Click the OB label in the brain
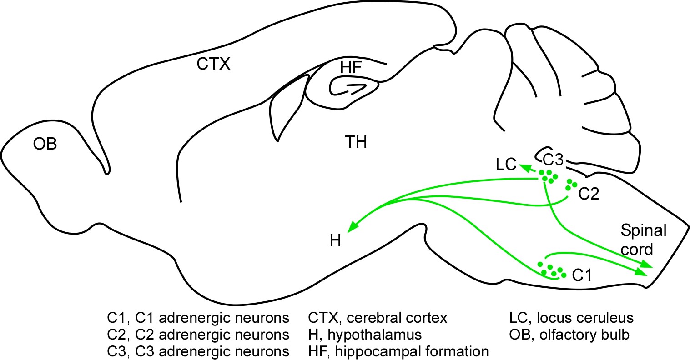click(45, 144)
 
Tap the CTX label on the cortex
click(214, 65)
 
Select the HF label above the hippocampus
click(351, 68)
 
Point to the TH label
click(356, 143)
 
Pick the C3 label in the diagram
click(554, 159)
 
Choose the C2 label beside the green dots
click(589, 195)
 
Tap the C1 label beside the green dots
click(582, 275)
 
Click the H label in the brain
click(335, 240)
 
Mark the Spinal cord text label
click(643, 240)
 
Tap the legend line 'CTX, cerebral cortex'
click(378, 318)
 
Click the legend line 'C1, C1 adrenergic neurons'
click(198, 318)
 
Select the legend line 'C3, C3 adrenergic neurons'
click(198, 351)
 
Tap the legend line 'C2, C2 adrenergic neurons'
click(198, 335)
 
